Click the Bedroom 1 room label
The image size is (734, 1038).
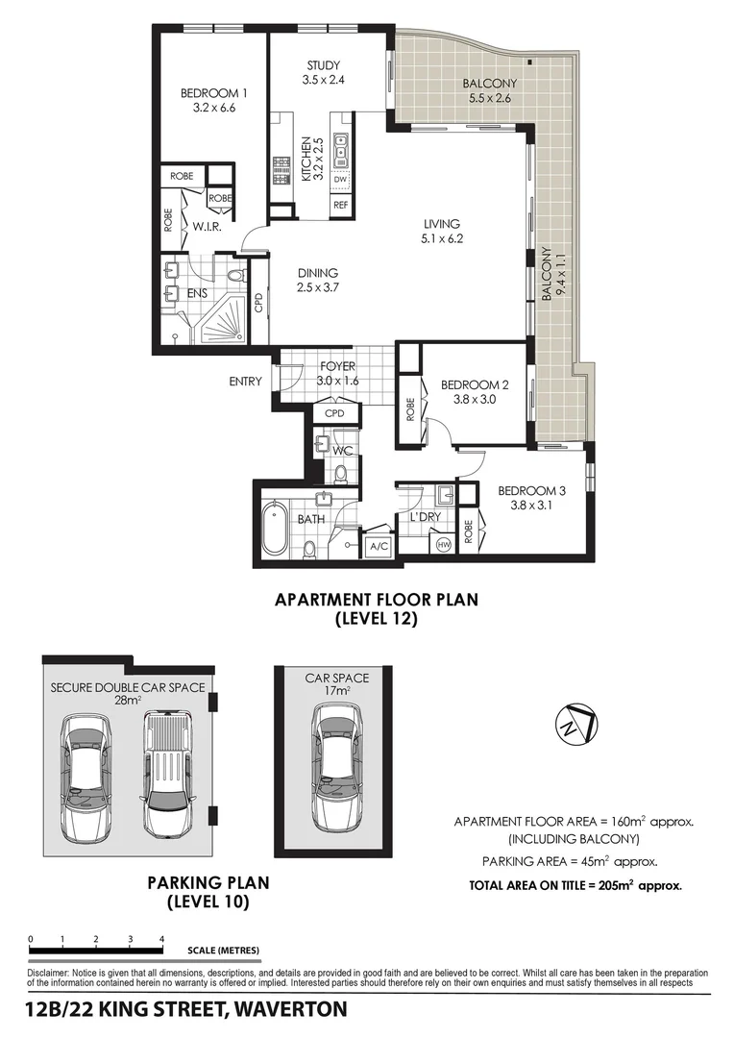tap(214, 101)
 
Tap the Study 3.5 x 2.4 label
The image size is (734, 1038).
tap(323, 73)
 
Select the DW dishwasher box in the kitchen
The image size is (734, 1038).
tap(340, 180)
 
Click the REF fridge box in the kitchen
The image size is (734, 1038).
tap(340, 205)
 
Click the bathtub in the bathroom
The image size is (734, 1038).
tap(275, 528)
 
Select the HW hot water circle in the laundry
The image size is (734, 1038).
tap(443, 544)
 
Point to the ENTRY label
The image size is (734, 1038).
tap(245, 382)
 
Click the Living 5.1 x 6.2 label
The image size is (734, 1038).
tap(442, 232)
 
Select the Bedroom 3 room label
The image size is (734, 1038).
tap(531, 499)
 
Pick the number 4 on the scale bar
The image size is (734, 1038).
tap(161, 939)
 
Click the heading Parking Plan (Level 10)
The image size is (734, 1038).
tap(208, 892)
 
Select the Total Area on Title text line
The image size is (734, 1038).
tap(575, 886)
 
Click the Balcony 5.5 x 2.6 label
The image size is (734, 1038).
tap(489, 90)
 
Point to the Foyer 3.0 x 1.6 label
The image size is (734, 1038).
tap(337, 374)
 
